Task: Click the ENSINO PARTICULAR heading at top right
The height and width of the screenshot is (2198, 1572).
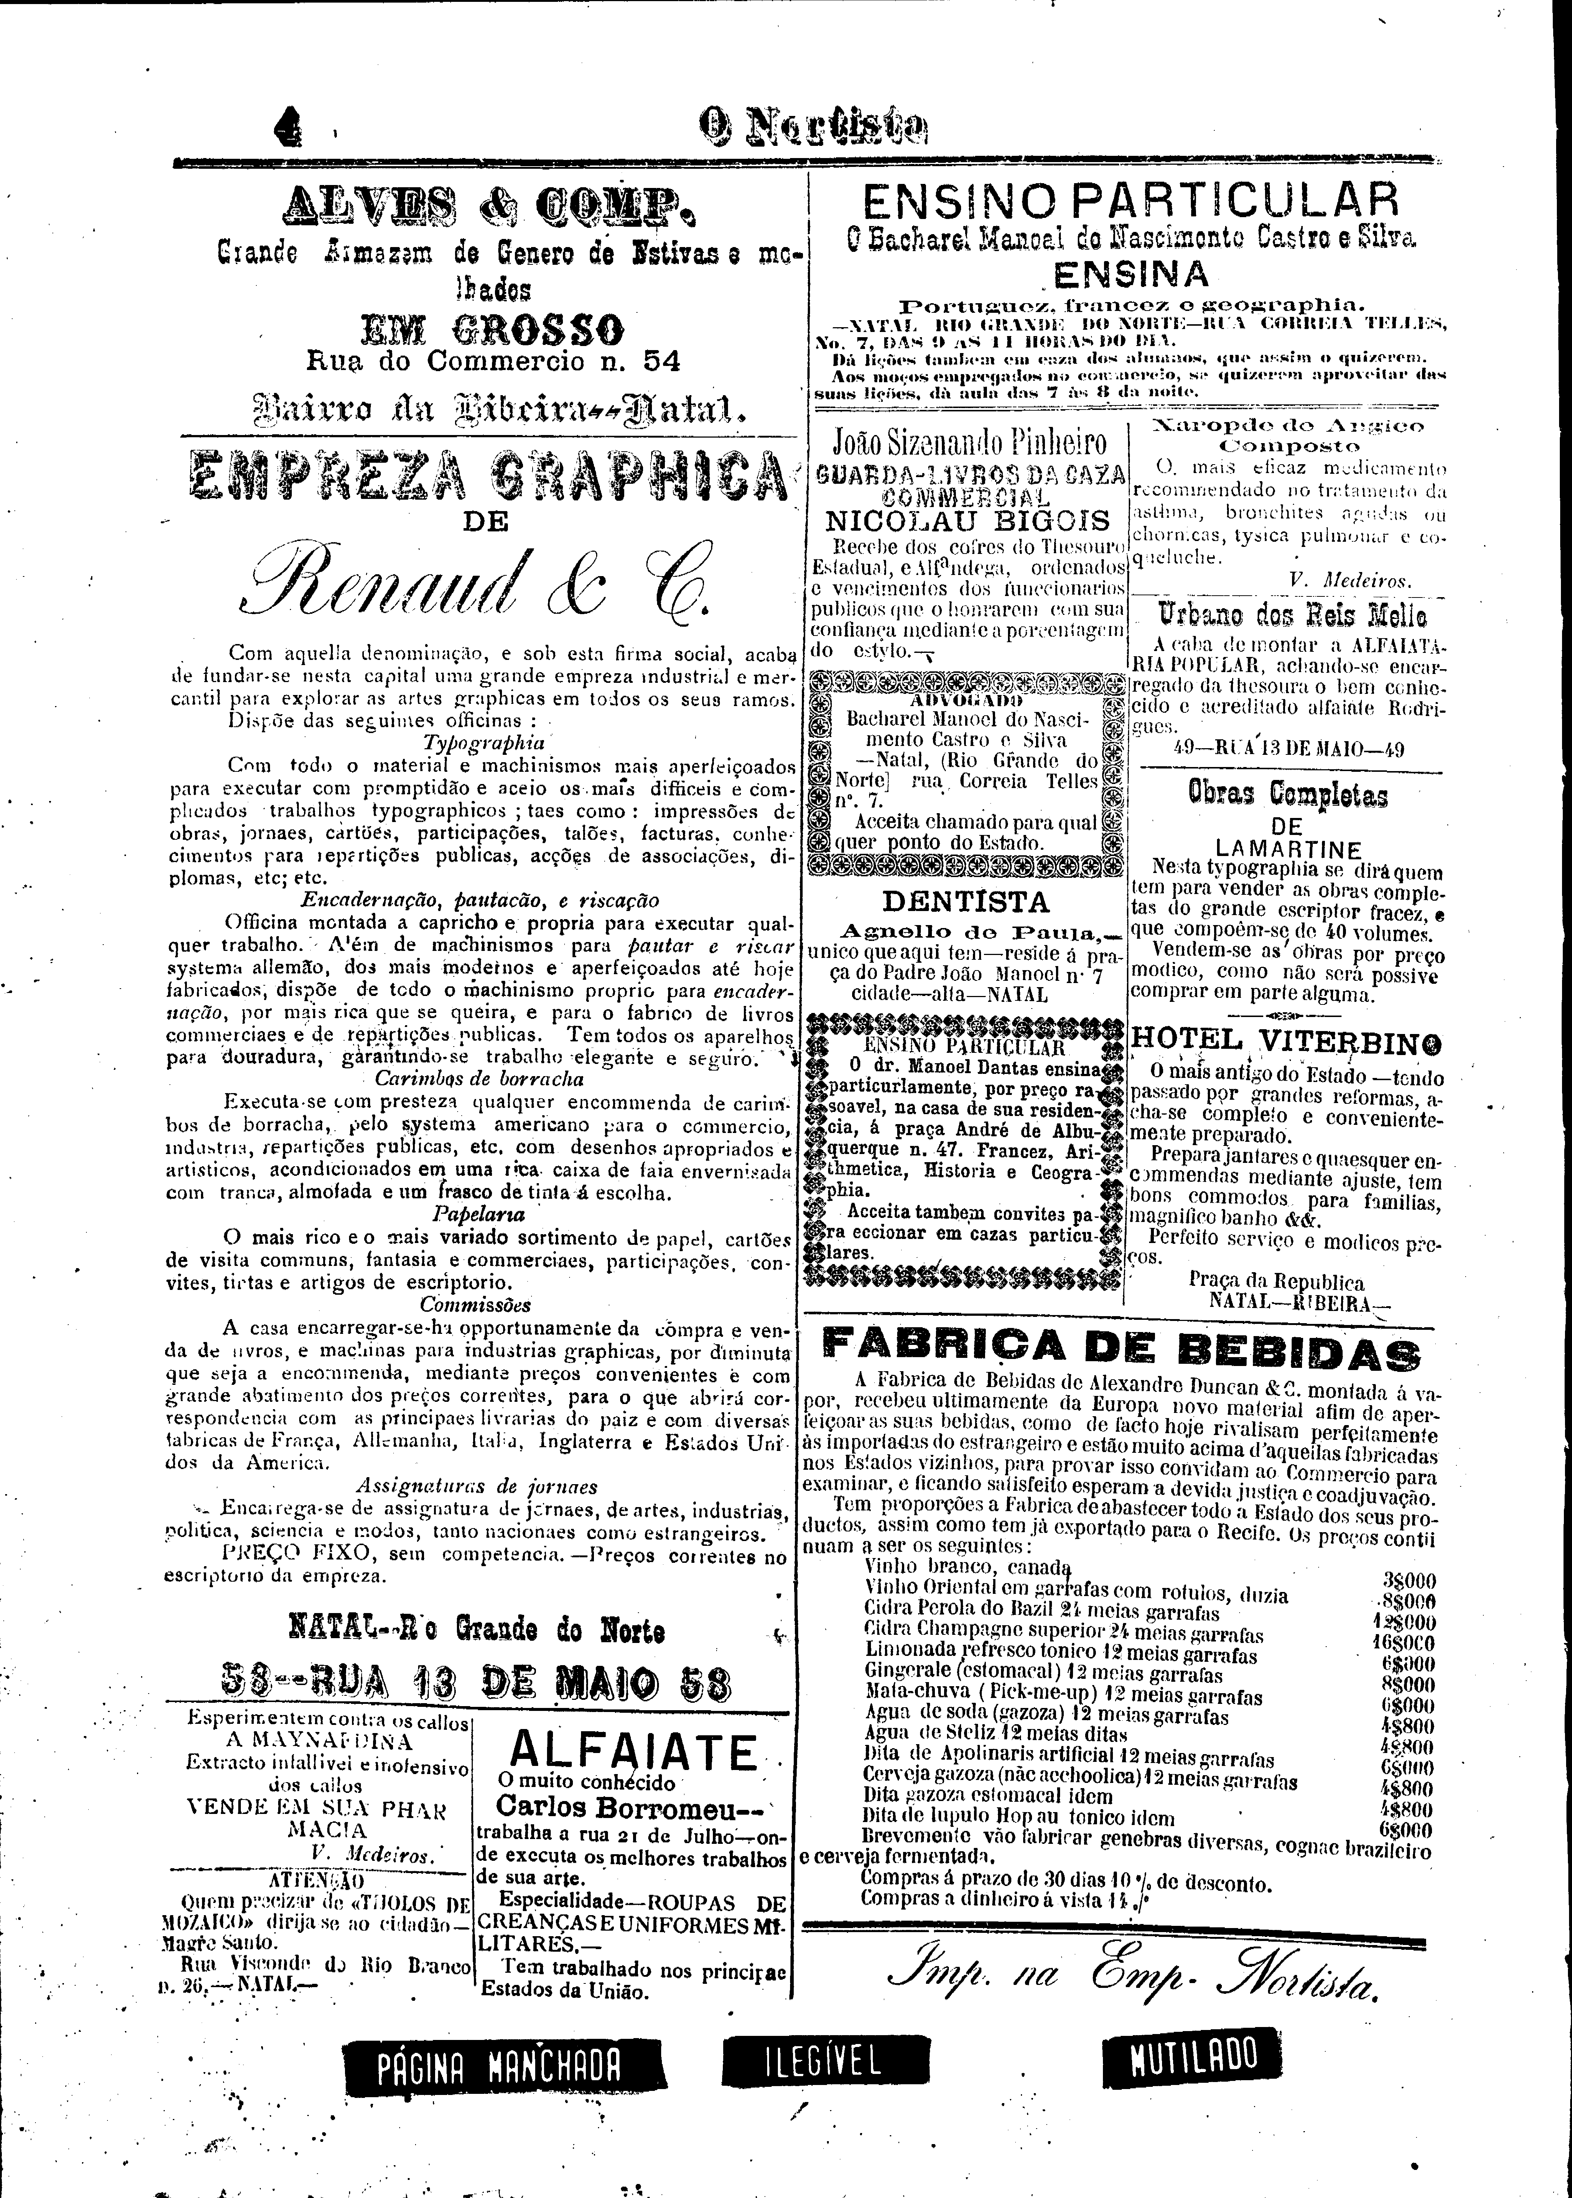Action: [x=1131, y=201]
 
